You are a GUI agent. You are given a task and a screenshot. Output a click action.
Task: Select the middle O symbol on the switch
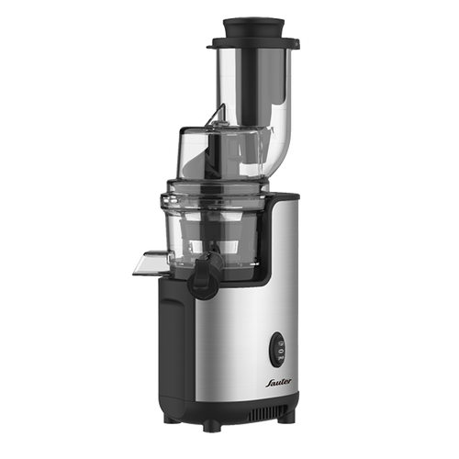pyautogui.click(x=280, y=349)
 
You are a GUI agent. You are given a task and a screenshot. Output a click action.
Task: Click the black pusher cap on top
pyautogui.click(x=253, y=27)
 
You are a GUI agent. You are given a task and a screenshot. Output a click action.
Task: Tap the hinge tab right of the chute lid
pyautogui.click(x=296, y=44)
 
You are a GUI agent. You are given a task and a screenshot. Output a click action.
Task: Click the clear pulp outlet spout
pyautogui.click(x=151, y=262)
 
